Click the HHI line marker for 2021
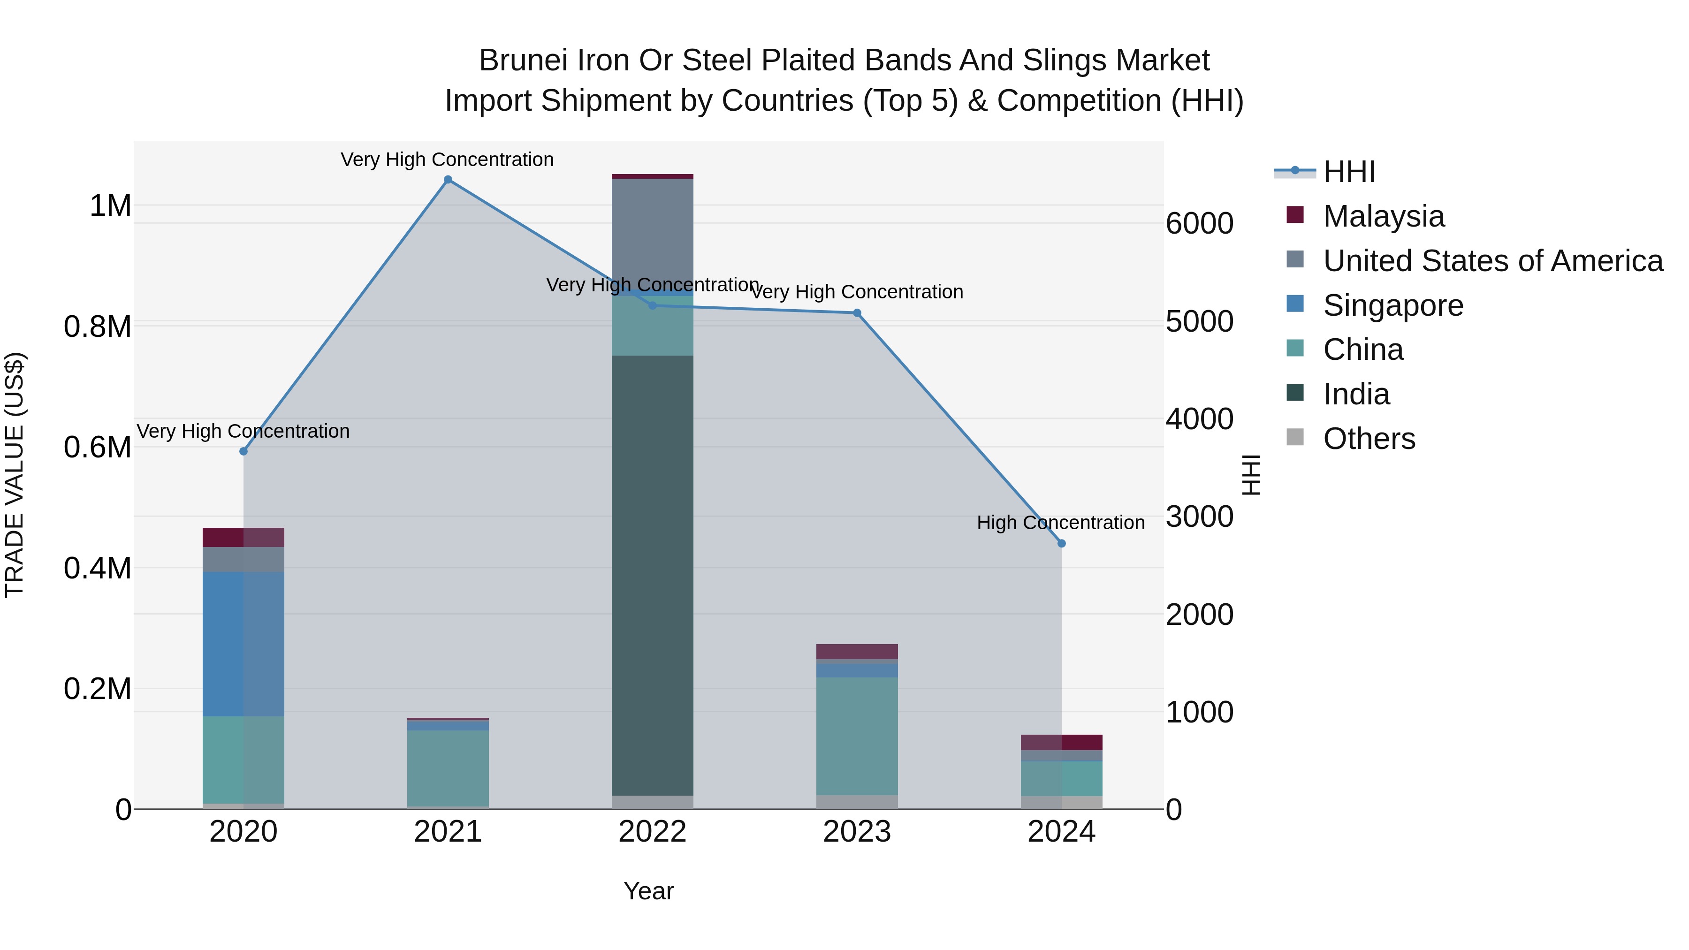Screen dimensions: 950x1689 point(448,180)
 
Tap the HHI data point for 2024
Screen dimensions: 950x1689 point(1062,544)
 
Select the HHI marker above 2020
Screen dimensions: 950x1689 point(243,451)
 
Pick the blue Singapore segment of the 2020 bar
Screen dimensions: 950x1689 point(243,644)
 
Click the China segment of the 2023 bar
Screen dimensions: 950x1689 point(857,736)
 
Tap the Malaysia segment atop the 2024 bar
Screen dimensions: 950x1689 point(1062,742)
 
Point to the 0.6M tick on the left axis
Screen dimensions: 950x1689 point(98,448)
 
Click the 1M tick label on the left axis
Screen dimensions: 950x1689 point(110,206)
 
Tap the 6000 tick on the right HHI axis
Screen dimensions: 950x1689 point(1200,224)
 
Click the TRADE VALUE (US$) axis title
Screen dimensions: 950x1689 point(15,475)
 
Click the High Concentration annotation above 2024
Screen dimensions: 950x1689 point(1060,523)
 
